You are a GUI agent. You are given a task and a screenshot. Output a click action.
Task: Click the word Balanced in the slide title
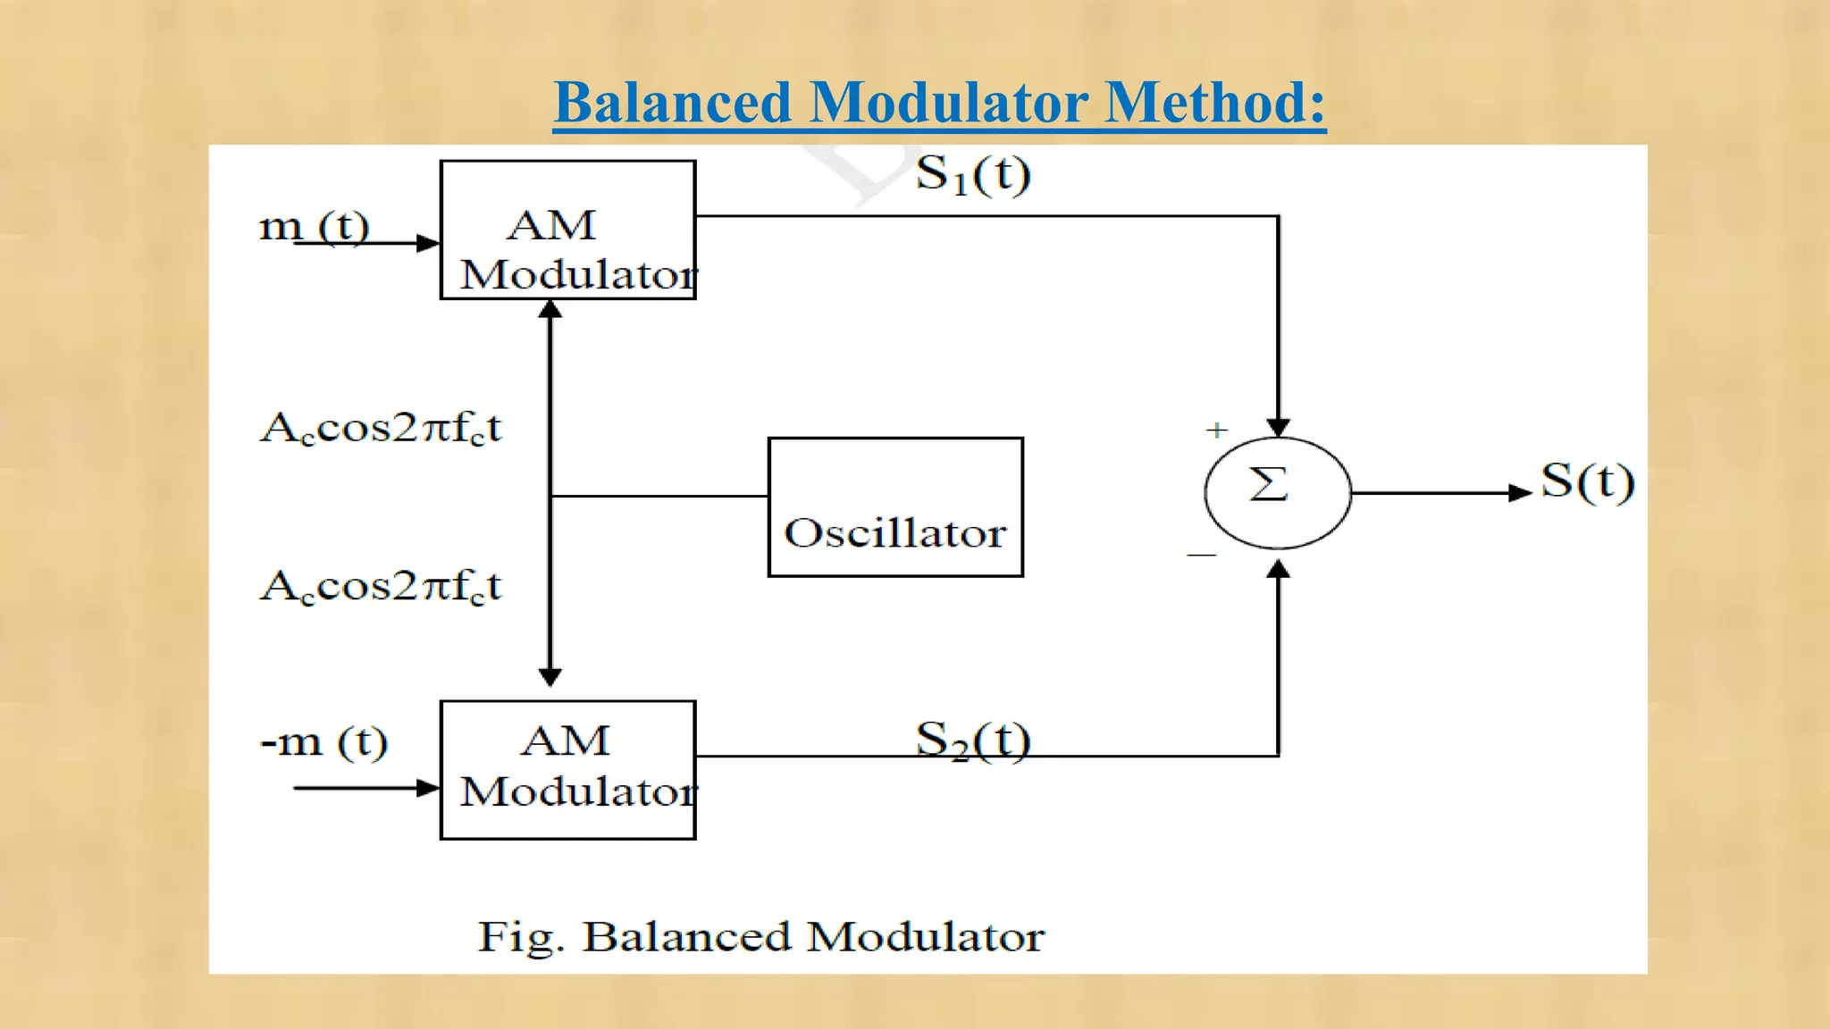point(672,102)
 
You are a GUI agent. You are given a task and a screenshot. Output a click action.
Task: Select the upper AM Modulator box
point(567,230)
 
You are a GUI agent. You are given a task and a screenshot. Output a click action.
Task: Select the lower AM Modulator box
point(567,770)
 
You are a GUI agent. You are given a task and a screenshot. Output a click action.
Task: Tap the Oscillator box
point(895,507)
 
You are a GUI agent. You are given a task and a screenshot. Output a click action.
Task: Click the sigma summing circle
point(1277,492)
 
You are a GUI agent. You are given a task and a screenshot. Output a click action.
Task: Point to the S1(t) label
point(972,174)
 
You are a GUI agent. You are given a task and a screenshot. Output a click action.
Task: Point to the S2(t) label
point(972,740)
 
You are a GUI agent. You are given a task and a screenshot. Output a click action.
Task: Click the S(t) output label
point(1587,482)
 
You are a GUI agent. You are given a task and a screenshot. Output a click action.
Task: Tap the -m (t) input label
point(323,741)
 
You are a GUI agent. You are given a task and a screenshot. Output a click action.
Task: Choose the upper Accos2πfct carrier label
point(381,428)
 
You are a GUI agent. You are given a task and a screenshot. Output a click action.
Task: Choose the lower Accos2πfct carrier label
point(381,587)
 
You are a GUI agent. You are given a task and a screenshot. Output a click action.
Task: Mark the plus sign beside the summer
point(1216,431)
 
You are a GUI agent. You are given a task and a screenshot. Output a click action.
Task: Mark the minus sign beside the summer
point(1202,555)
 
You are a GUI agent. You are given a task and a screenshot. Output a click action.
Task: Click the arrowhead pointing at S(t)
point(1520,492)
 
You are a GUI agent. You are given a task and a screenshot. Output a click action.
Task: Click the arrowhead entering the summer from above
point(1279,427)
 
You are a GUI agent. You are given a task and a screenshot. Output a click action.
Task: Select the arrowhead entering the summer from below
point(1279,569)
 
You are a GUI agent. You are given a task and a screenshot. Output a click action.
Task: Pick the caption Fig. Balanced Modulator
point(760,937)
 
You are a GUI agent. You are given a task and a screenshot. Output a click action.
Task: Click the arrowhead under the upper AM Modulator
point(550,309)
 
